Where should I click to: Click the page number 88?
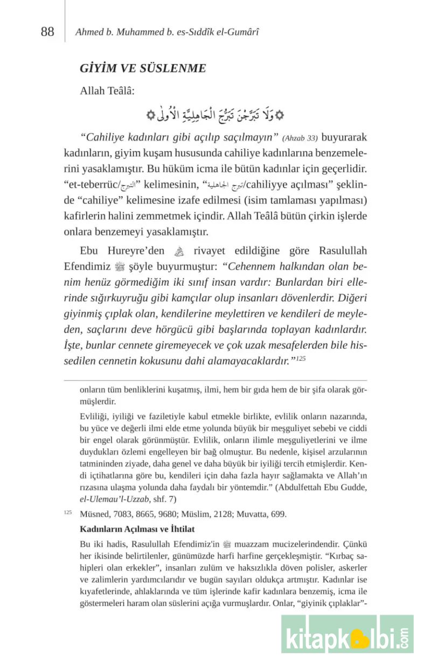(47, 32)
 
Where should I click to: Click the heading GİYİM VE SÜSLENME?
(143, 68)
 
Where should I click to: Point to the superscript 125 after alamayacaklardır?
(301, 357)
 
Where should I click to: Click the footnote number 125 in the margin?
(67, 513)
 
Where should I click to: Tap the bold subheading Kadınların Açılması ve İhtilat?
(137, 529)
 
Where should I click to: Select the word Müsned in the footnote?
(94, 514)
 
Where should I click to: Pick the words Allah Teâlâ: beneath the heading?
(107, 91)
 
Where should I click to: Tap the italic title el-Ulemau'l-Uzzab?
(112, 499)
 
